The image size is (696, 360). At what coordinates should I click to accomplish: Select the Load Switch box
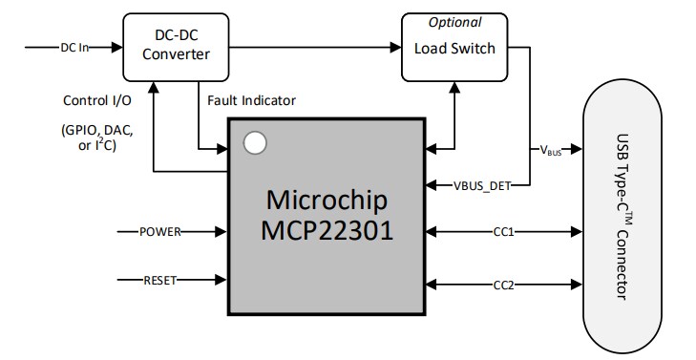point(454,47)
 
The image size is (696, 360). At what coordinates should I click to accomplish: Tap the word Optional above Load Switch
point(454,22)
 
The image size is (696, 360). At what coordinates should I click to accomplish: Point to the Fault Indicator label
point(251,99)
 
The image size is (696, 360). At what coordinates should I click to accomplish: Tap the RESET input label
point(159,280)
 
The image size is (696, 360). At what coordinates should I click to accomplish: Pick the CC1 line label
point(505,231)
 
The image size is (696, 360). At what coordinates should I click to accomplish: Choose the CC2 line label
point(505,284)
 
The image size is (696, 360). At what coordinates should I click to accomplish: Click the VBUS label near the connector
point(551,150)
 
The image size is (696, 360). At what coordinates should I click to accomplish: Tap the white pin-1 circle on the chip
point(255,144)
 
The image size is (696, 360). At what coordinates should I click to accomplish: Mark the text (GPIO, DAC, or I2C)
point(96,138)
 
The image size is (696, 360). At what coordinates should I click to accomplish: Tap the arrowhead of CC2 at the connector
point(577,284)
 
